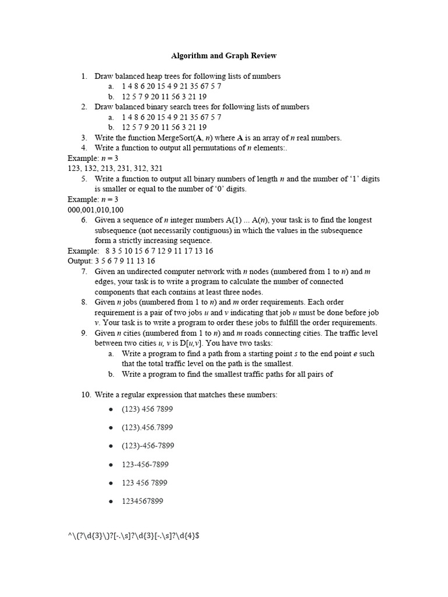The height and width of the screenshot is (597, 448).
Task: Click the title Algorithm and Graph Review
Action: [224, 56]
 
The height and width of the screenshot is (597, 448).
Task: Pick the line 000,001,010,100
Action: [95, 210]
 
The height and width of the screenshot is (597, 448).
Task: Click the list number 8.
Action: [84, 302]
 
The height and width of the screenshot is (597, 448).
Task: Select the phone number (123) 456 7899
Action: [148, 409]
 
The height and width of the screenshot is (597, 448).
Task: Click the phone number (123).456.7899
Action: [147, 427]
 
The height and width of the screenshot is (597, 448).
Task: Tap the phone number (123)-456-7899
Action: [148, 445]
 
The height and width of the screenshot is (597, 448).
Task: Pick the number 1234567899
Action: [142, 501]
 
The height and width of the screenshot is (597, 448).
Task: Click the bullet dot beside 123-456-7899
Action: [111, 465]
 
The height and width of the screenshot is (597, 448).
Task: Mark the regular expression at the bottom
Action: [134, 535]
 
